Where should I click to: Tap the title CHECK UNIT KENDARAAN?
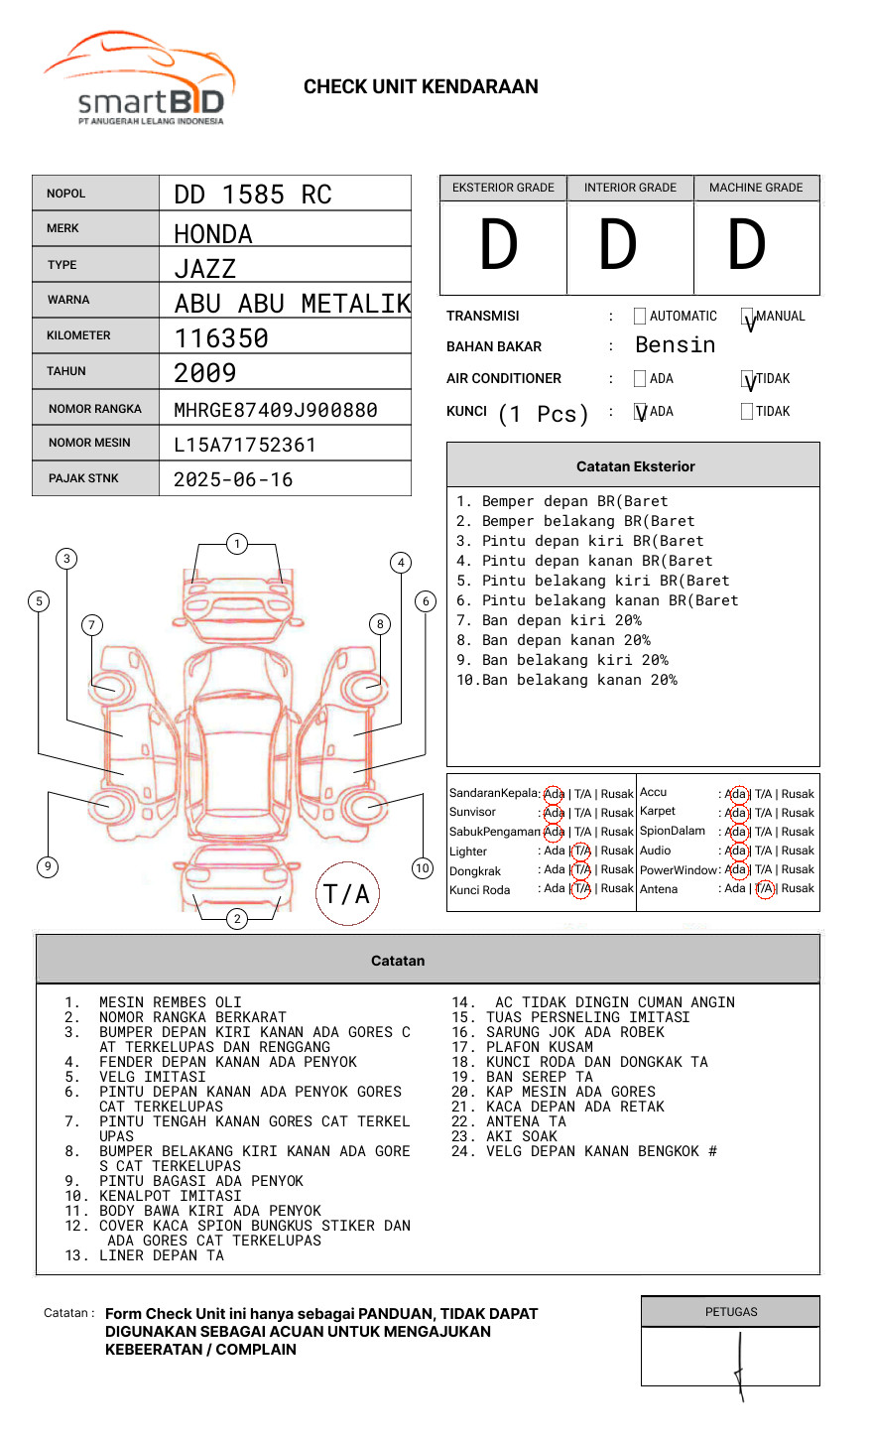pyautogui.click(x=421, y=87)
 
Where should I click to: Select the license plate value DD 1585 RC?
pyautogui.click(x=253, y=195)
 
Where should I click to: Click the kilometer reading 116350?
pyautogui.click(x=221, y=338)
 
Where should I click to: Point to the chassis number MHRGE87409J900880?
pyautogui.click(x=276, y=410)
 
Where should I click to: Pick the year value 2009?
pyautogui.click(x=205, y=373)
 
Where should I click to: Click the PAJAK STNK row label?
pyautogui.click(x=83, y=478)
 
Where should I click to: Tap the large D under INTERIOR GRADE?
pyautogui.click(x=617, y=245)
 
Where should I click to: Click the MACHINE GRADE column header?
pyautogui.click(x=756, y=188)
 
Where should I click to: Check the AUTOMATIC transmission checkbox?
pyautogui.click(x=640, y=317)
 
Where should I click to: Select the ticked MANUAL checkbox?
pyautogui.click(x=748, y=318)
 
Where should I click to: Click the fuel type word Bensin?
pyautogui.click(x=675, y=345)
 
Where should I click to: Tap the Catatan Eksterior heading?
pyautogui.click(x=635, y=466)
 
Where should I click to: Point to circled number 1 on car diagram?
pyautogui.click(x=236, y=544)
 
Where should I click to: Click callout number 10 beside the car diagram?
pyautogui.click(x=423, y=868)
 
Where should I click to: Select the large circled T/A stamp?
pyautogui.click(x=346, y=894)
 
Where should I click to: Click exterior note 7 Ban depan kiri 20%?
pyautogui.click(x=548, y=620)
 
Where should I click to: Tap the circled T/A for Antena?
pyautogui.click(x=764, y=889)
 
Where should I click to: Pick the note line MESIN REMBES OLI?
pyautogui.click(x=170, y=1002)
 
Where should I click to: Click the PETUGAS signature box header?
pyautogui.click(x=731, y=1312)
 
